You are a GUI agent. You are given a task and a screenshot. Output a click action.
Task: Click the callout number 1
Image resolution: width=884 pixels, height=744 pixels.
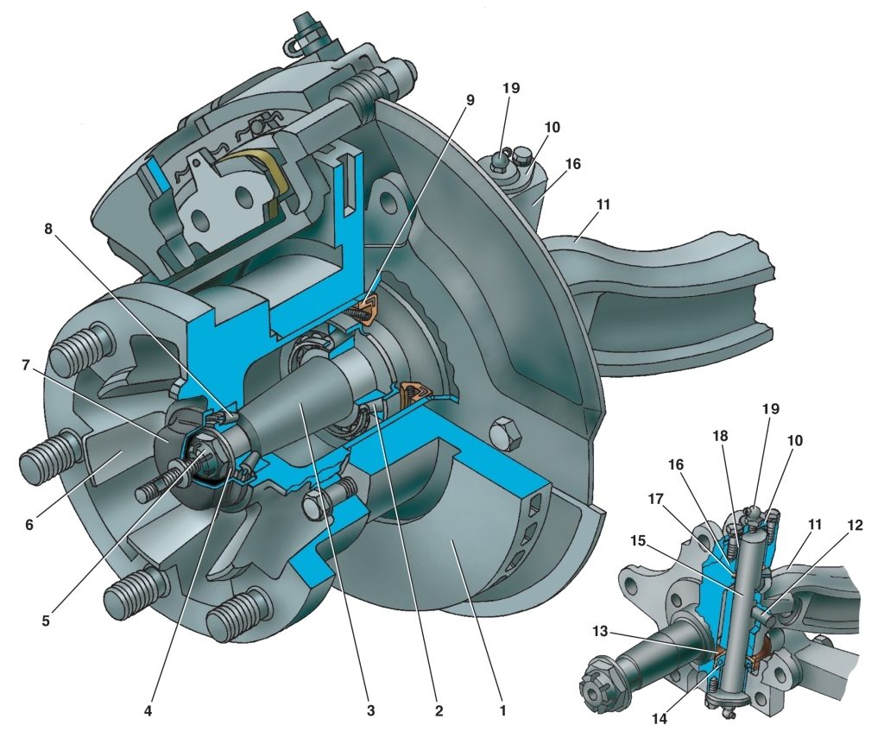[x=502, y=710]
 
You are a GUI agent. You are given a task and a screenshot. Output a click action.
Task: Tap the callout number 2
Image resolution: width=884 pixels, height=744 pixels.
[x=439, y=710]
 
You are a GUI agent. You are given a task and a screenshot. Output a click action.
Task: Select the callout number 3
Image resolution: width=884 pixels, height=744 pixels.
[x=370, y=710]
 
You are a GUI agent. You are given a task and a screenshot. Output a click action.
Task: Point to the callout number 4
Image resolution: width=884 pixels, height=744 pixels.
[x=148, y=710]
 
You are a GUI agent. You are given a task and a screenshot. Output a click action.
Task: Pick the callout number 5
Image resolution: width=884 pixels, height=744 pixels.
[x=46, y=621]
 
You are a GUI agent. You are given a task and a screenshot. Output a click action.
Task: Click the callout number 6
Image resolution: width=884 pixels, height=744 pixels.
[x=28, y=525]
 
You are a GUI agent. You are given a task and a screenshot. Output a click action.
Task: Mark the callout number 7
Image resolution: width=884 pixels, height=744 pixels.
[x=25, y=366]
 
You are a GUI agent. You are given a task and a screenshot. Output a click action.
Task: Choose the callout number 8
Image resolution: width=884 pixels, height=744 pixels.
[x=48, y=228]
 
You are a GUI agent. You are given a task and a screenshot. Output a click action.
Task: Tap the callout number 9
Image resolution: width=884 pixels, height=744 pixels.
[x=470, y=100]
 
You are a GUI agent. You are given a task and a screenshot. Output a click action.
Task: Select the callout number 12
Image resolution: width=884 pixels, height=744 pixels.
[x=855, y=526]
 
